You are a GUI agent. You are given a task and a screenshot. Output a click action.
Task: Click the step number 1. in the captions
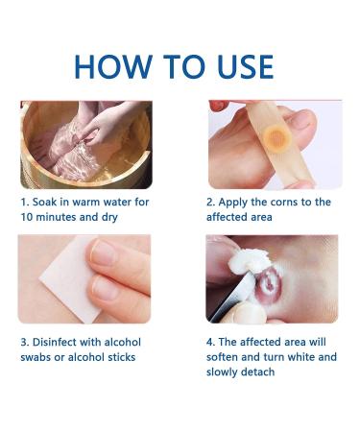tap(25, 203)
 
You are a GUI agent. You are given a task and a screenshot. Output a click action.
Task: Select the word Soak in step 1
tap(50, 203)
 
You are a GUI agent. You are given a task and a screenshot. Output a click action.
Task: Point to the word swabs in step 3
tap(38, 357)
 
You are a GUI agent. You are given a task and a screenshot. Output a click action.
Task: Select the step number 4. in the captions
tap(211, 342)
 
